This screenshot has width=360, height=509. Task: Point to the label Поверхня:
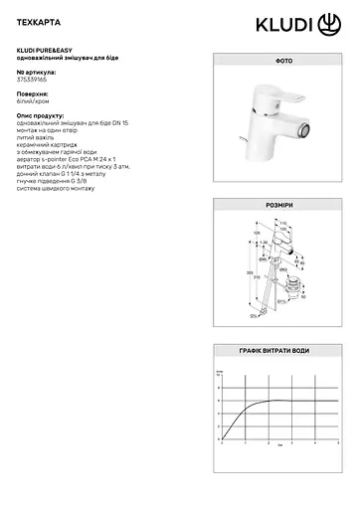pos(35,98)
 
